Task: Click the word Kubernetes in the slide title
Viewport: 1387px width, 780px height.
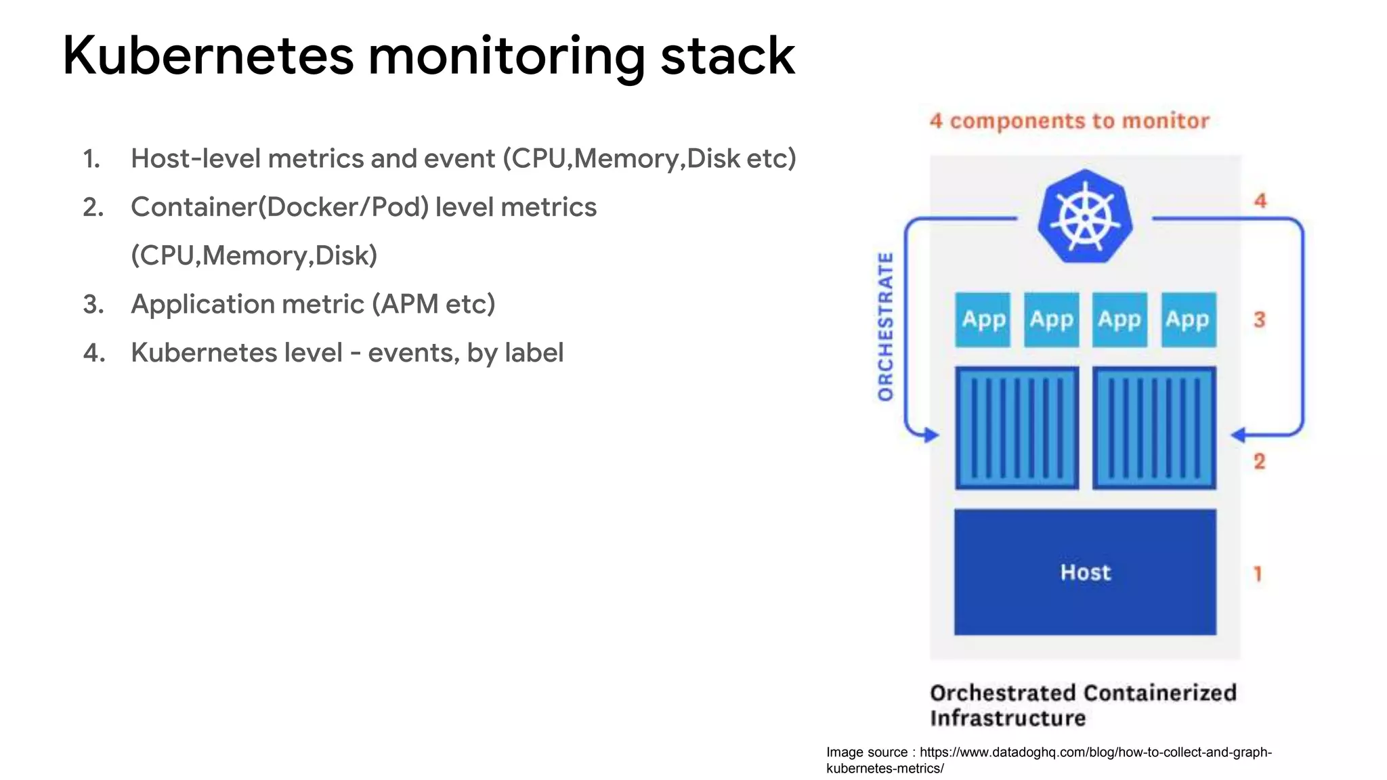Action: (x=208, y=56)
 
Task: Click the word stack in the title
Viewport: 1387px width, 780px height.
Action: (x=727, y=56)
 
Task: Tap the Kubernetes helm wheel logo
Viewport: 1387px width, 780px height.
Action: (x=1085, y=217)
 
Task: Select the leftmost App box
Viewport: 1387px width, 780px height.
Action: (x=983, y=320)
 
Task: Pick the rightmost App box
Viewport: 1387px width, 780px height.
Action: (x=1189, y=320)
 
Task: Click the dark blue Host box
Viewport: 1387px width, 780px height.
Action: (x=1085, y=572)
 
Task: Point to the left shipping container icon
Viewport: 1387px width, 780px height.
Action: (x=1017, y=427)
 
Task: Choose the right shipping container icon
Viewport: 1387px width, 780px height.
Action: (x=1154, y=427)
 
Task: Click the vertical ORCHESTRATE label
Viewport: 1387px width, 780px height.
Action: (x=885, y=326)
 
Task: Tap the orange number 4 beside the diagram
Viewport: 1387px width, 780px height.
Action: (x=1260, y=200)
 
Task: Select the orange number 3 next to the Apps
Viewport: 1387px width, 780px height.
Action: (x=1259, y=320)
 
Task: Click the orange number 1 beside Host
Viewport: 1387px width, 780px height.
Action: (x=1258, y=573)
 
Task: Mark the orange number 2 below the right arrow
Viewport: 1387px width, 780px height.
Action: (x=1259, y=461)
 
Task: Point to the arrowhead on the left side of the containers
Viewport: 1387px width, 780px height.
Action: (x=932, y=435)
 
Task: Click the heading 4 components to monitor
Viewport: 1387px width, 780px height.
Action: (x=1069, y=121)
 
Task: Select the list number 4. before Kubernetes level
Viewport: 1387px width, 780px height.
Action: (x=94, y=353)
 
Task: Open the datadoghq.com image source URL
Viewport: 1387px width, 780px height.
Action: (x=1095, y=752)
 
